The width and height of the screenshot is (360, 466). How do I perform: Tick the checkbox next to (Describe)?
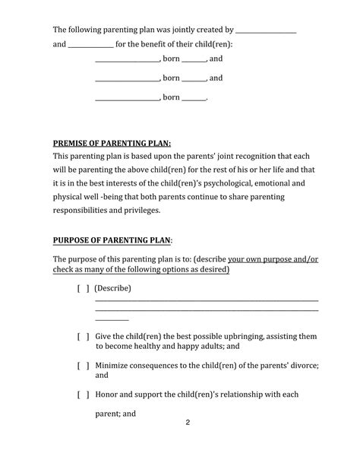pos(83,288)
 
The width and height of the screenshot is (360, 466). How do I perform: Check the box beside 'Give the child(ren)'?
pos(83,335)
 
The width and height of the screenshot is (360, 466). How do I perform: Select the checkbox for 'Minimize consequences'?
pos(83,365)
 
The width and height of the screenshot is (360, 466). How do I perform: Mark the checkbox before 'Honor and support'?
pos(83,395)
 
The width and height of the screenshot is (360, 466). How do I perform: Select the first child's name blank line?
pos(127,59)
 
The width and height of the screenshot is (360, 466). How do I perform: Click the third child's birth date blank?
pos(194,98)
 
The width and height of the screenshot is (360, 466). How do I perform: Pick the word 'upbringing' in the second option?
pos(232,335)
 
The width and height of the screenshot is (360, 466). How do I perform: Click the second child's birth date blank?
pos(194,78)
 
